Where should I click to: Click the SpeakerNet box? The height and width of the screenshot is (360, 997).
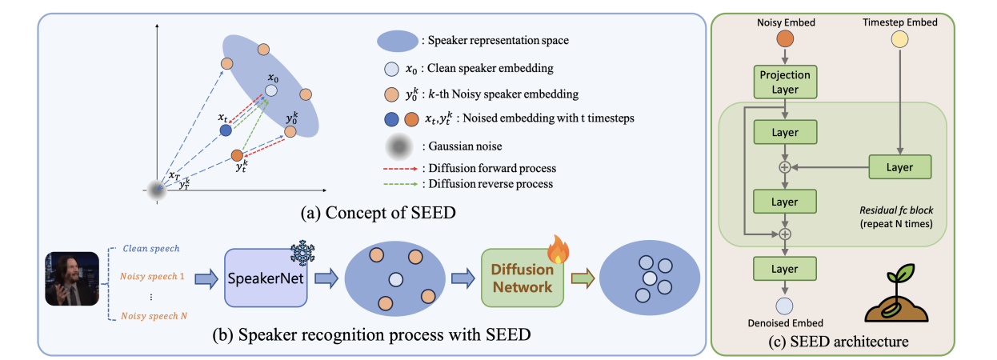coord(266,278)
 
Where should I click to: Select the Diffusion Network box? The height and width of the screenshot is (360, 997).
coord(523,278)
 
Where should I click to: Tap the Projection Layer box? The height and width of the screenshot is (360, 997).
coord(785,82)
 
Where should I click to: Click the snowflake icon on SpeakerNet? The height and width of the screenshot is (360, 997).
coord(302,254)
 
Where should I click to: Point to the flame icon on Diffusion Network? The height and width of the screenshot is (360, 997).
coord(559,249)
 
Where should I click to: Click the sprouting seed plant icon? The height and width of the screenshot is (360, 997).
coord(896,293)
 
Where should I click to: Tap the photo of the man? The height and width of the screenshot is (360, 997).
coord(72,279)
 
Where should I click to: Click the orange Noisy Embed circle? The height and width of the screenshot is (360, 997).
coord(785,38)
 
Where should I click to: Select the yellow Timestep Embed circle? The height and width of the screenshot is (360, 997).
coord(899,39)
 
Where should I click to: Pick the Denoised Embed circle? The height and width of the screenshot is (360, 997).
coord(784,306)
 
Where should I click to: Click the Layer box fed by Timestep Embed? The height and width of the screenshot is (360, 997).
coord(899,167)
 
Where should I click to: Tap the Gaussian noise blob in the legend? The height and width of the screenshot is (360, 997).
coord(399,146)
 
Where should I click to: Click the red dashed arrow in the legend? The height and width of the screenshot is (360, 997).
coord(401,169)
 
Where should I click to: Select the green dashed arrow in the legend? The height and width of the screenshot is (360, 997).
coord(401,184)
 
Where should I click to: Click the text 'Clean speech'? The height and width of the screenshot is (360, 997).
coord(151,248)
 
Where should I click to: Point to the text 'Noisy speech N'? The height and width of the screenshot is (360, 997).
coord(154,315)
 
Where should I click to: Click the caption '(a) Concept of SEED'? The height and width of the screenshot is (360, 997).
coord(378,213)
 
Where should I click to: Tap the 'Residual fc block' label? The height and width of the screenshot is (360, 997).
coord(896,210)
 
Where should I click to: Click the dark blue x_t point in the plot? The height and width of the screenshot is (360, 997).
coord(226,130)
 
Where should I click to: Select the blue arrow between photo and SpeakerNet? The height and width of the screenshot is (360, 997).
coord(206,279)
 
